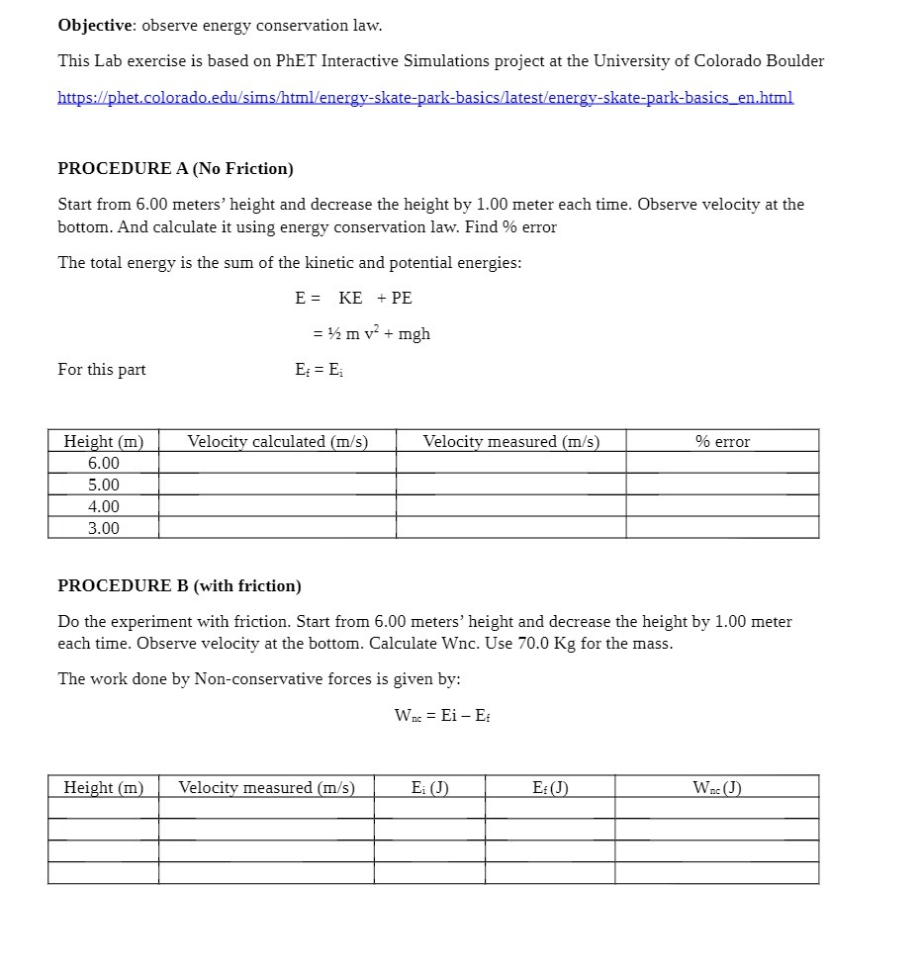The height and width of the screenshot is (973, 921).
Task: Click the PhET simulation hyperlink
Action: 425,97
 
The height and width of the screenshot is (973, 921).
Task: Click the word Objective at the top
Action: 96,25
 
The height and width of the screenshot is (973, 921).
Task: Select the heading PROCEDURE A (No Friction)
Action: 175,168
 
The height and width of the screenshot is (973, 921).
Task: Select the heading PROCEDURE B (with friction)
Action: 179,585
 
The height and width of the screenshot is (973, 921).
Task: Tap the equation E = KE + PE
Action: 353,298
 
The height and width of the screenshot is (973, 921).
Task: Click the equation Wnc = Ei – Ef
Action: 442,715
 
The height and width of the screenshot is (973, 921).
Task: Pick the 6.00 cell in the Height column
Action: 103,463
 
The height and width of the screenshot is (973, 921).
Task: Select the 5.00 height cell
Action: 103,485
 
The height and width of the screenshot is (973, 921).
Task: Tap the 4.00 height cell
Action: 103,506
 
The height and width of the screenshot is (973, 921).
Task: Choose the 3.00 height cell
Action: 103,528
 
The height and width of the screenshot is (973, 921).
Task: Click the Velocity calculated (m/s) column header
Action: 277,441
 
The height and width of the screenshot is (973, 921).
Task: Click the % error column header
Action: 722,441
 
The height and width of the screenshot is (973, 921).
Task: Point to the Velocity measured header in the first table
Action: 510,441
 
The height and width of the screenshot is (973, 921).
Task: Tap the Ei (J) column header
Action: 429,787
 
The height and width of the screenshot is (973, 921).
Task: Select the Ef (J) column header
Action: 550,787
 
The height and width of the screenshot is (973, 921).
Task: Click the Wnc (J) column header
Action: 717,787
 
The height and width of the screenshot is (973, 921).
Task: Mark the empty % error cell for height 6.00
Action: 722,463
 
